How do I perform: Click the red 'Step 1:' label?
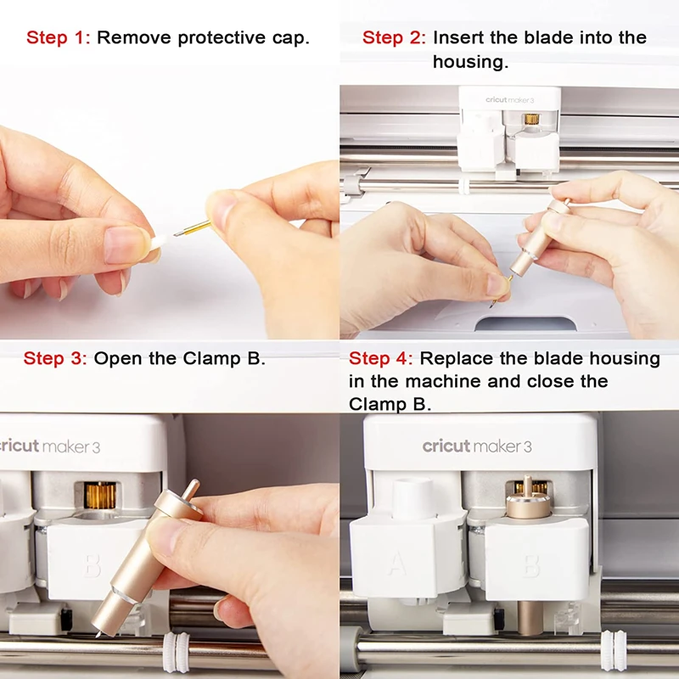point(59,37)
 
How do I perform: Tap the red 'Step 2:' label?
point(395,37)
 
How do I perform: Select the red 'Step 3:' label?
point(55,357)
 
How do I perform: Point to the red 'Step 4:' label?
point(381,358)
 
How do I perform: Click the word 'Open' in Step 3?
point(118,357)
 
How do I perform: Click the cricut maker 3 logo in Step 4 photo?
point(477,446)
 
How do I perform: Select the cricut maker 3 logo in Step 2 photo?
point(508,99)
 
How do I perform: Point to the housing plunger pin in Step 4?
point(528,488)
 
